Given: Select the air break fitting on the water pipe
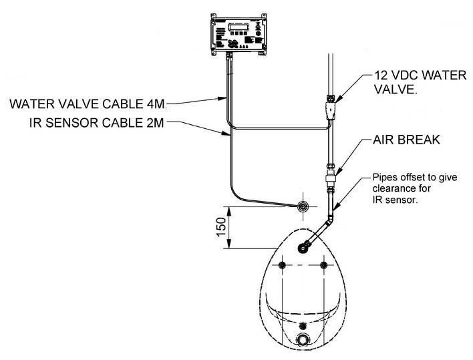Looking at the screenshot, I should point(329,178).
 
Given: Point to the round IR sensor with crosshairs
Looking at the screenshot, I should point(304,207).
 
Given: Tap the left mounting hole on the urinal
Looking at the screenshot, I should point(284,266).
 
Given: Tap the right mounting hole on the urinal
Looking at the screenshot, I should point(324,266).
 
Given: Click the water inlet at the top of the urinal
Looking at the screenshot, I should point(304,248).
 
